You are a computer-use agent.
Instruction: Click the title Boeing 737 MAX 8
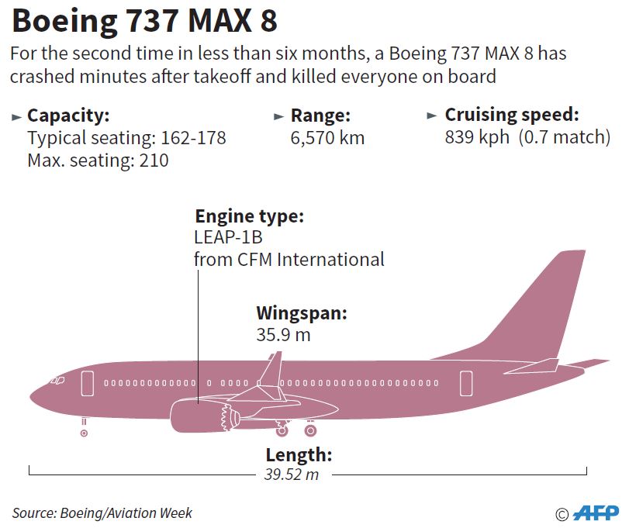(144, 22)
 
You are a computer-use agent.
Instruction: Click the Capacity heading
(68, 116)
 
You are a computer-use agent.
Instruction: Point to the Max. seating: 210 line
(98, 160)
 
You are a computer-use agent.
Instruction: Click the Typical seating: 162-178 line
(126, 139)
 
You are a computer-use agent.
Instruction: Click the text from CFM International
(289, 259)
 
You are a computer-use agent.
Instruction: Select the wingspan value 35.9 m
(284, 335)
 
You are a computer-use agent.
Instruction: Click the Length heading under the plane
(299, 455)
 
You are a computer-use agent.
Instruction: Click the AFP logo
(596, 513)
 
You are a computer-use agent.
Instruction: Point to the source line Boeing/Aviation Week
(102, 512)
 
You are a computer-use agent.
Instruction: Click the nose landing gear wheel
(84, 432)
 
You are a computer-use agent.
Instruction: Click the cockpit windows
(57, 381)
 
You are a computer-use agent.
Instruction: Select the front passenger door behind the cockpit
(87, 382)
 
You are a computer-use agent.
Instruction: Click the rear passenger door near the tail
(465, 382)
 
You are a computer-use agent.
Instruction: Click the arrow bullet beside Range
(278, 117)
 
